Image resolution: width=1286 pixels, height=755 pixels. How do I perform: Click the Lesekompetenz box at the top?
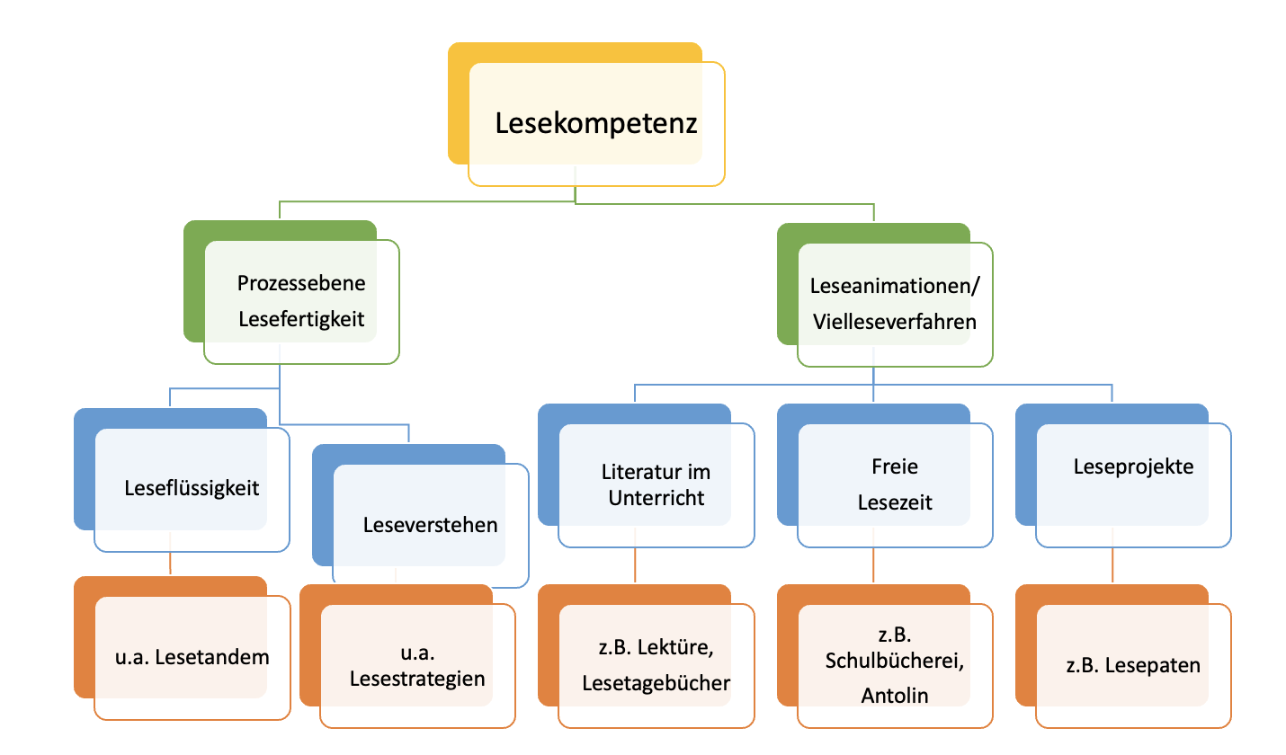[x=596, y=124]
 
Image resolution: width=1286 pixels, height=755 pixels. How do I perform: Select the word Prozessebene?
[x=301, y=283]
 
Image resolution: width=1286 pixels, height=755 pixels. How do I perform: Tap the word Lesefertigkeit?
[x=301, y=319]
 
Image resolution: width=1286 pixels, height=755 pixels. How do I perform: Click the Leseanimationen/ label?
[x=896, y=287]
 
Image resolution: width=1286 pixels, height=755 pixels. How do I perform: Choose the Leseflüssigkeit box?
[x=192, y=488]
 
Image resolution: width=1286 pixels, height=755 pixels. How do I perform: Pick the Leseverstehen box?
[x=431, y=524]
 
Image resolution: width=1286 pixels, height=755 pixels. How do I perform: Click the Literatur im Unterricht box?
[x=656, y=485]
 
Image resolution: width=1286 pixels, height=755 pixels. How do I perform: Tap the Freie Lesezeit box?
[x=895, y=485]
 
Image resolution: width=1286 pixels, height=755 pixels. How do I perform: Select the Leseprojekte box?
[x=1133, y=467]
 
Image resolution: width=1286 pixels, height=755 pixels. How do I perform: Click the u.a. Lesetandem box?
[x=192, y=656]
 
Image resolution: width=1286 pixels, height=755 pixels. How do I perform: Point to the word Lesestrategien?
[x=418, y=679]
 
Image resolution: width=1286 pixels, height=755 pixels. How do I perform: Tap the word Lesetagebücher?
[x=656, y=683]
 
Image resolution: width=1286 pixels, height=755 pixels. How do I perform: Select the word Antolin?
[x=895, y=696]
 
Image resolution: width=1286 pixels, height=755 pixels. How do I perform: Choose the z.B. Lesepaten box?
[x=1133, y=665]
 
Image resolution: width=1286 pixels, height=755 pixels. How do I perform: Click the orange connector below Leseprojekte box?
[x=1113, y=566]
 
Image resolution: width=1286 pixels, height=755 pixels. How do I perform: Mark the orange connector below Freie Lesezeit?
[x=874, y=566]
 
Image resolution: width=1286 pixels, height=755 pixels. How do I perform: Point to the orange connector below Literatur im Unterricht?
[x=636, y=566]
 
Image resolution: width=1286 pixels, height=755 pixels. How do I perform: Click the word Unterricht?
[x=656, y=499]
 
